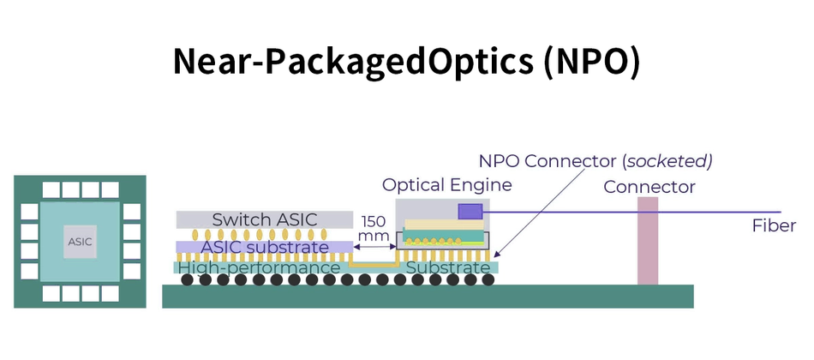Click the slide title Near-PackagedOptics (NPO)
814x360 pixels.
[x=406, y=63]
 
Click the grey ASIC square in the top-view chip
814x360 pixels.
[x=80, y=242]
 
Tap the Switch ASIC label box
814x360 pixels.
[x=264, y=219]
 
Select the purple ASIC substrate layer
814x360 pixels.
[x=264, y=248]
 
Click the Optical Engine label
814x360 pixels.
[x=446, y=185]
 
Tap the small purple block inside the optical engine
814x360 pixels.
[x=470, y=211]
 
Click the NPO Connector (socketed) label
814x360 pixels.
[x=596, y=161]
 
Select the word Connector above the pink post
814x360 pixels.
[x=649, y=187]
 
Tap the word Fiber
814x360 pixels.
[x=774, y=226]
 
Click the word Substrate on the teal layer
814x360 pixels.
[x=448, y=268]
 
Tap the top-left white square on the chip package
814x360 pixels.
[x=51, y=189]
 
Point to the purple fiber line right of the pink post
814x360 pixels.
[x=720, y=212]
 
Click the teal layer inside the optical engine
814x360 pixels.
[x=441, y=236]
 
